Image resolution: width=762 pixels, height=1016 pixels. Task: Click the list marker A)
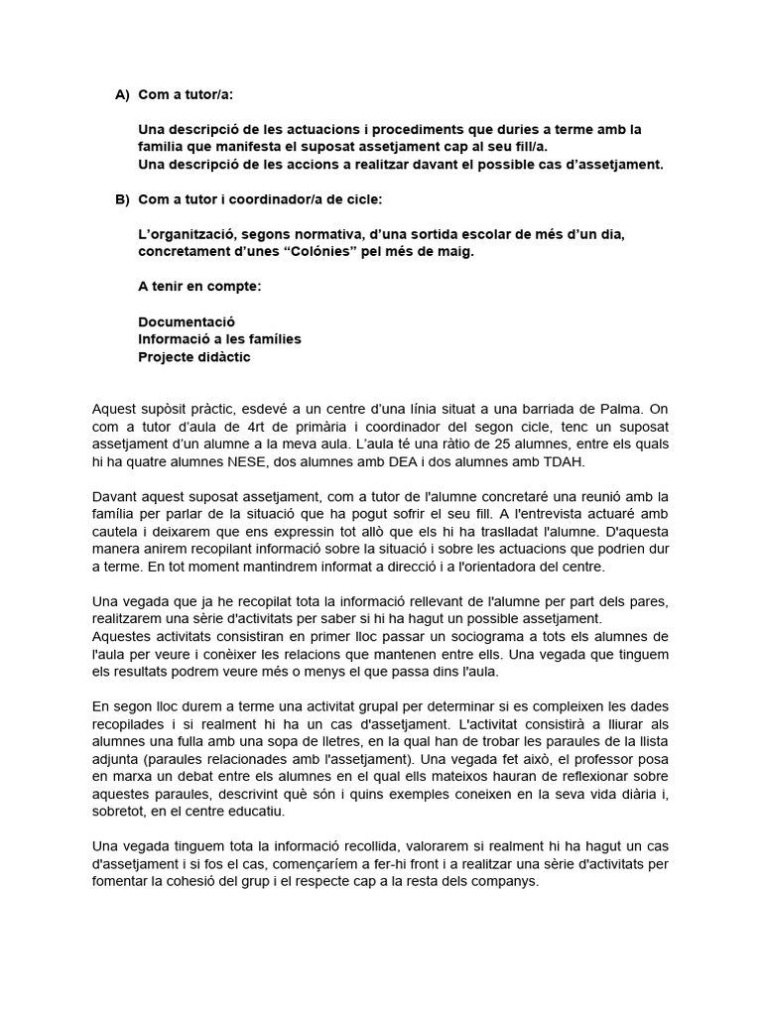pyautogui.click(x=122, y=95)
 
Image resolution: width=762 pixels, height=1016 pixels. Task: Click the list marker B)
pyautogui.click(x=122, y=199)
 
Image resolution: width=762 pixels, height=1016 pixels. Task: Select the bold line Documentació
pyautogui.click(x=187, y=322)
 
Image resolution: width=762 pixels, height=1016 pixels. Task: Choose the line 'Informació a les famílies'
pyautogui.click(x=219, y=339)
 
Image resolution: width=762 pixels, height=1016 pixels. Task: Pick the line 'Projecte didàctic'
pyautogui.click(x=194, y=356)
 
